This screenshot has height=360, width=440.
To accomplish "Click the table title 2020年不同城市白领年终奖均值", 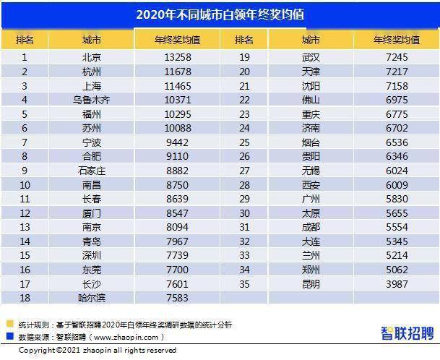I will point(220,14).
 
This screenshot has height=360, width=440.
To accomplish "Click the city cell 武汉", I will point(311,57).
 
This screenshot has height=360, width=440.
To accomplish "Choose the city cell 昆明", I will point(311,283).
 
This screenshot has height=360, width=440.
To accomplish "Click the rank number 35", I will point(243,283).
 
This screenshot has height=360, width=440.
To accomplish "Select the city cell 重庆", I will point(311,113).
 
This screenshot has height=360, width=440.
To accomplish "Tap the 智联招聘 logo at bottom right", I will point(407,333).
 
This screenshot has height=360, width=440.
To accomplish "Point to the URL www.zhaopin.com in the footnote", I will point(123,336).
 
